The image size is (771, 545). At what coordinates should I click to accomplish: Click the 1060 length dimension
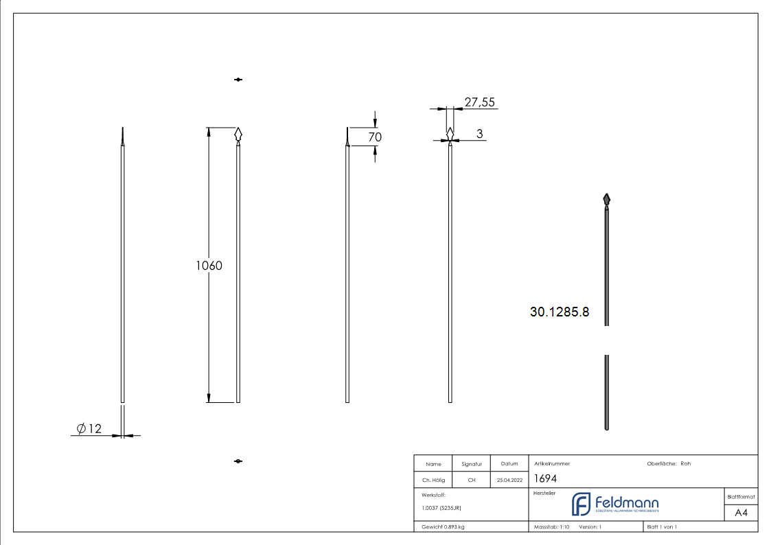[209, 266]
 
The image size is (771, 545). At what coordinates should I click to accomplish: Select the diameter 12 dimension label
[89, 429]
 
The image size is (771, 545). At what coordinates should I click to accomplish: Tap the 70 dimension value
[375, 137]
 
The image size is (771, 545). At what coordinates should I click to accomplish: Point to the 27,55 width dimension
[479, 102]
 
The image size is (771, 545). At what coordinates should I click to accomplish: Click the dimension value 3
[479, 133]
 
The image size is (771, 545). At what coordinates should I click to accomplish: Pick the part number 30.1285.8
[559, 312]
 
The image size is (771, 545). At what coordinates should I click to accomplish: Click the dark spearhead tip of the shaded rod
[606, 200]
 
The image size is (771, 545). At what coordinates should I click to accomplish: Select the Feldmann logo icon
[581, 504]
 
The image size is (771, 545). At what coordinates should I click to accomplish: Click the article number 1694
[545, 479]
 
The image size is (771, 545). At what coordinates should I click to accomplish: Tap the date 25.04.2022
[509, 480]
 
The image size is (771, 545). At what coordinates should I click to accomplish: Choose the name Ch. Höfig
[433, 480]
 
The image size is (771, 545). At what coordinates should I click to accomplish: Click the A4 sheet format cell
[741, 513]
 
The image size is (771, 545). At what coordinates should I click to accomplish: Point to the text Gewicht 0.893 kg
[443, 526]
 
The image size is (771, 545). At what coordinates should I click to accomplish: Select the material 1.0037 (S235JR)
[441, 507]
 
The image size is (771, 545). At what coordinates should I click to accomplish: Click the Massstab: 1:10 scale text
[552, 526]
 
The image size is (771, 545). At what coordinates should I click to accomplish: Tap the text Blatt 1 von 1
[662, 526]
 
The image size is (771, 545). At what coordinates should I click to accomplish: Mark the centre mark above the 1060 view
[238, 80]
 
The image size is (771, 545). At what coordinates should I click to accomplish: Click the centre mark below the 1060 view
[238, 461]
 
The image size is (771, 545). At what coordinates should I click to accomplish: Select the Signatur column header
[471, 464]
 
